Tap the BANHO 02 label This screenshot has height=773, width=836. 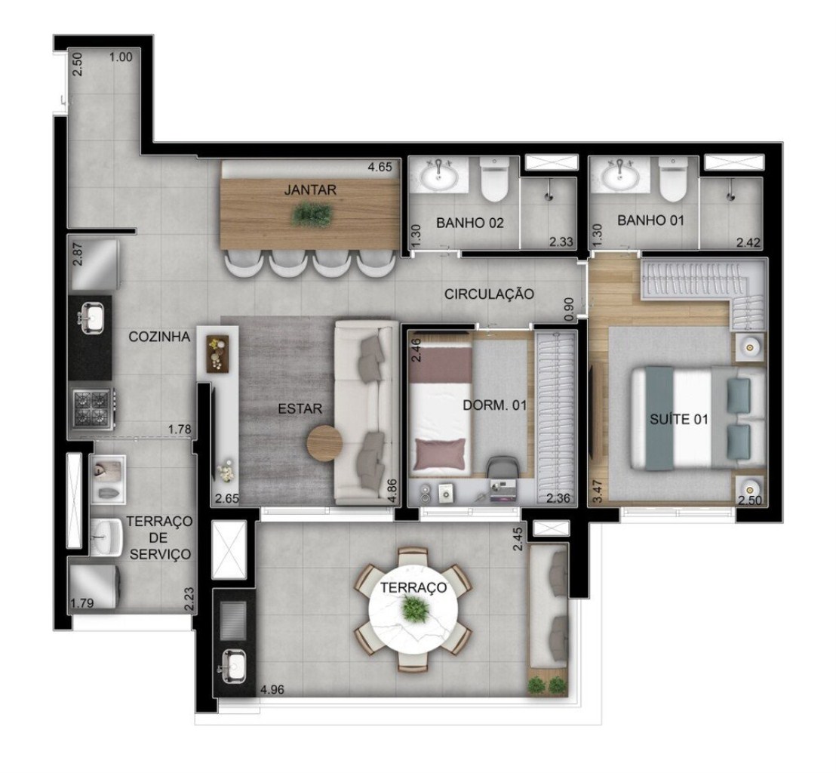click(469, 223)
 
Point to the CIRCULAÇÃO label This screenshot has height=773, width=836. click(490, 294)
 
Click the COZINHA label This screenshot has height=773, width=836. click(159, 337)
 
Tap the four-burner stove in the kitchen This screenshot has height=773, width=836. click(91, 409)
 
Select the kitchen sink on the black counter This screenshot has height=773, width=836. click(91, 317)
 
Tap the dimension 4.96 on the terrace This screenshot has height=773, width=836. click(272, 688)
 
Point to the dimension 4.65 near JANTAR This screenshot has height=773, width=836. click(379, 168)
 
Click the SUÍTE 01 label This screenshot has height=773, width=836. click(679, 420)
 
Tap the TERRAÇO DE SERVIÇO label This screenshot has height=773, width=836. click(158, 537)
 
